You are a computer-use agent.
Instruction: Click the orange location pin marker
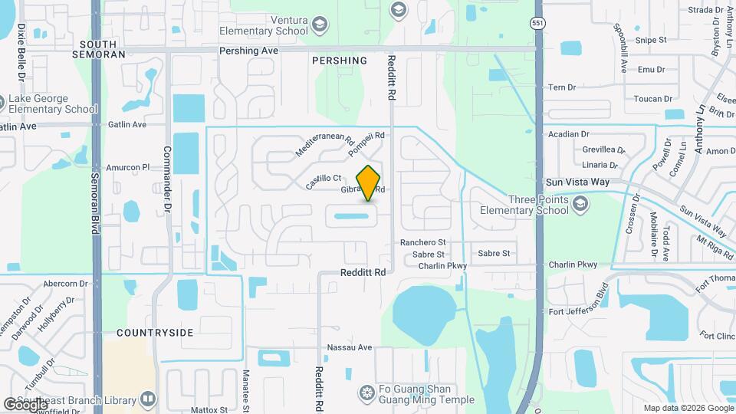coord(369,183)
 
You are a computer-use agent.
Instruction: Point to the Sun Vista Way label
coord(577,182)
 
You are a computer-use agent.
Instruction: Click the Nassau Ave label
coord(352,347)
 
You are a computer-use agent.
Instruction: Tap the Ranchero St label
coord(422,242)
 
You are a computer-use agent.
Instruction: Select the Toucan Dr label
coord(653,99)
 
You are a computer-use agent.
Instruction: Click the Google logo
coord(25,404)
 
